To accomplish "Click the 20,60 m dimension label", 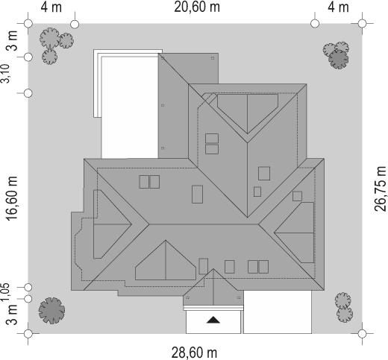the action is (x=197, y=7).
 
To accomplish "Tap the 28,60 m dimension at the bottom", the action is (x=194, y=353).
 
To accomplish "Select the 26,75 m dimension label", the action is (x=381, y=189).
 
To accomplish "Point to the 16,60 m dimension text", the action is (x=12, y=198).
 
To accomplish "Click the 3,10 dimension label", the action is (x=5, y=74).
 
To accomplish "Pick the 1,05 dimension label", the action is (x=5, y=293).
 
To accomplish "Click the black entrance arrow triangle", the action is (x=213, y=320).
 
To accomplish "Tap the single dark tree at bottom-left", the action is (x=51, y=311).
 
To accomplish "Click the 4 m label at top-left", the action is (x=51, y=7).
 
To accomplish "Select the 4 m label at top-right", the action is (x=338, y=7).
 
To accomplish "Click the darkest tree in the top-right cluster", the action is (x=339, y=59).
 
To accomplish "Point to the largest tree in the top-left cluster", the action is (x=50, y=38).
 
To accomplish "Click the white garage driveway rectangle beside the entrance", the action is (x=278, y=312).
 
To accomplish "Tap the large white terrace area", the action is (x=130, y=107).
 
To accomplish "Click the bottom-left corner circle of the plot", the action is (x=28, y=334).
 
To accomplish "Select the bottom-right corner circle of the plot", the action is (x=363, y=334).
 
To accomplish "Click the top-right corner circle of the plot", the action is (x=363, y=24).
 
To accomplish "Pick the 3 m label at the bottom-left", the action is (x=12, y=315).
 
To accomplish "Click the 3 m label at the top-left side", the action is (x=12, y=40).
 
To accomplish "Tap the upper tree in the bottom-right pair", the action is (x=342, y=301).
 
